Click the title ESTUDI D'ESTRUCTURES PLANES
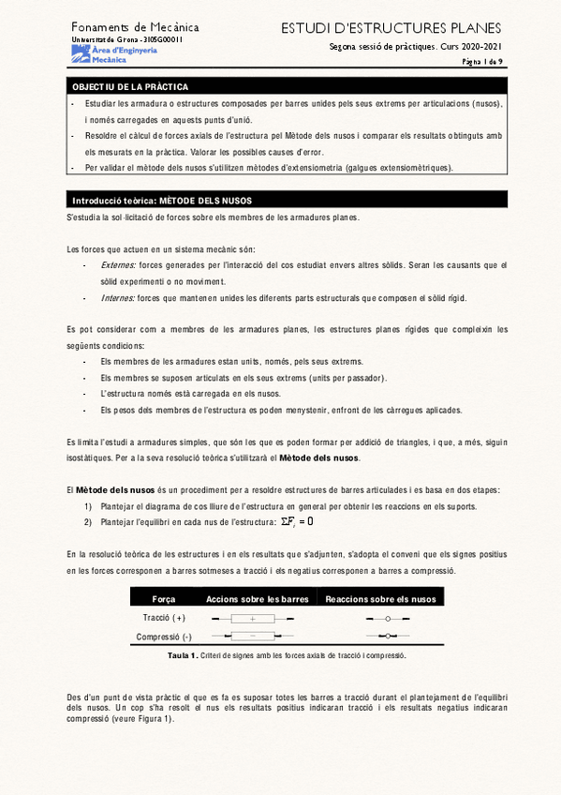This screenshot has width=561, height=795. [391, 29]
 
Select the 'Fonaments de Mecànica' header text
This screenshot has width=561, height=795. [135, 28]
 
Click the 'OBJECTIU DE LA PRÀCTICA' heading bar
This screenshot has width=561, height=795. [130, 86]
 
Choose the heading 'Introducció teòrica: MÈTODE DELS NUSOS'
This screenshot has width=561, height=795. [162, 201]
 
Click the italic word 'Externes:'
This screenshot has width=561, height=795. [118, 265]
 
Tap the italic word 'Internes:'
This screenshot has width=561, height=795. [117, 298]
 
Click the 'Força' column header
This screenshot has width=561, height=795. [164, 599]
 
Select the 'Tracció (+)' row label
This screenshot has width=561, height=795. [165, 619]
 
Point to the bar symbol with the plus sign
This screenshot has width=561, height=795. [253, 620]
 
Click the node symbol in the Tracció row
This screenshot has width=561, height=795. [387, 620]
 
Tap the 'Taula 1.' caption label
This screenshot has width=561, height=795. [180, 655]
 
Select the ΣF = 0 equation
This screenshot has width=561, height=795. [297, 521]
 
